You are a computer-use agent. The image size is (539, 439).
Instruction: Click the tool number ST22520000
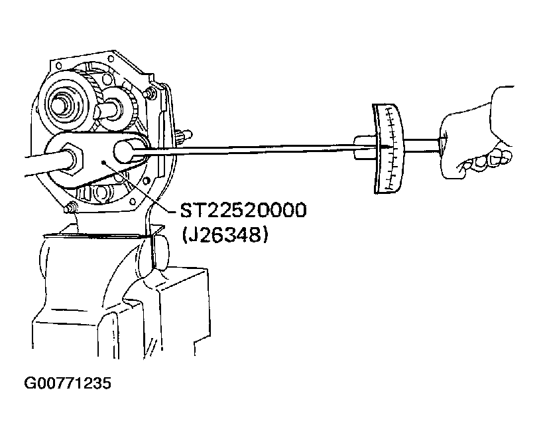[243, 211]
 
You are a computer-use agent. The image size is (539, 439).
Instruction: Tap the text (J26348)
[225, 235]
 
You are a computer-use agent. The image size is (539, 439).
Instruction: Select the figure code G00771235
[68, 383]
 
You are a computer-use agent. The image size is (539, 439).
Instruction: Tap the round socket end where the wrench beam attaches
[125, 151]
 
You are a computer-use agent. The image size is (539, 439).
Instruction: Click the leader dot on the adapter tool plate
[102, 162]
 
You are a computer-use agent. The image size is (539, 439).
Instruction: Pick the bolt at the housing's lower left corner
[70, 208]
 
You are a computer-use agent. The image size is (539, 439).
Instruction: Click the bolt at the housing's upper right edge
[150, 92]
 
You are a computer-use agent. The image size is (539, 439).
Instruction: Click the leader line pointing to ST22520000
[141, 187]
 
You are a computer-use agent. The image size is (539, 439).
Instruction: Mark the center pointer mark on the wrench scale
[386, 147]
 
